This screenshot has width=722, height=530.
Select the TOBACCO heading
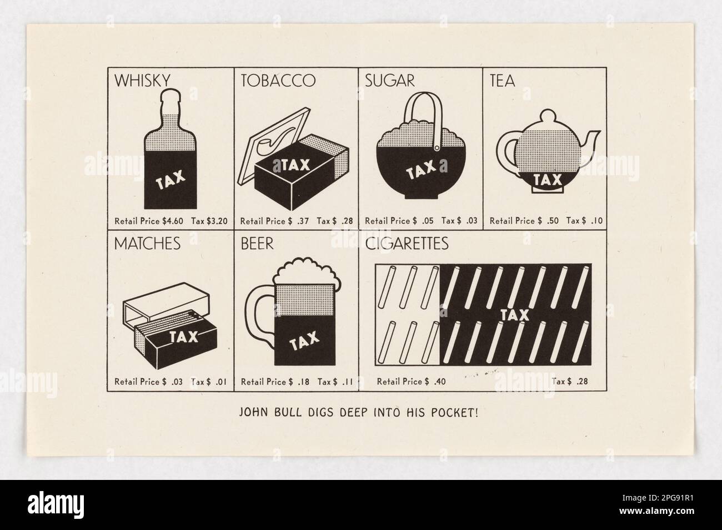278,81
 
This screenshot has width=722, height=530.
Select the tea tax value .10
596,221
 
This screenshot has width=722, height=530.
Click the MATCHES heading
147,244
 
